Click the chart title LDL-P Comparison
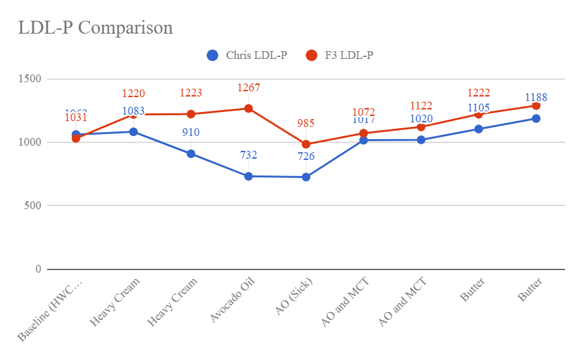(x=95, y=28)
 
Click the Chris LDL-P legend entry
(x=247, y=56)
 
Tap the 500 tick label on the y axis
(x=33, y=206)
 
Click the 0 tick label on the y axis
(x=38, y=269)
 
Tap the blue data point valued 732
(x=249, y=176)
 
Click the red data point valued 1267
(x=249, y=109)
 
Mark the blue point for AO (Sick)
(x=306, y=177)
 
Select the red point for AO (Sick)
(x=306, y=144)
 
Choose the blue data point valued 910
(x=191, y=154)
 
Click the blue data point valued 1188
(x=536, y=118)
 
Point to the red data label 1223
(x=191, y=93)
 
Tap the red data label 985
(x=306, y=124)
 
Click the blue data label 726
(x=306, y=156)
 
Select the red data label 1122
(x=421, y=106)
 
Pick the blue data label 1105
(x=479, y=108)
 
